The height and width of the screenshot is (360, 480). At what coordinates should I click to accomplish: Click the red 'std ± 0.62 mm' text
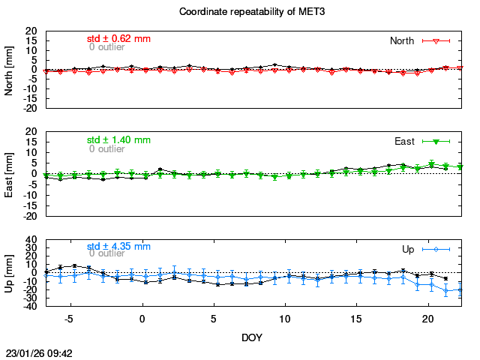click(x=118, y=37)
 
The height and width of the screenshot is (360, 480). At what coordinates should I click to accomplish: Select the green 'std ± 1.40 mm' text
click(x=118, y=139)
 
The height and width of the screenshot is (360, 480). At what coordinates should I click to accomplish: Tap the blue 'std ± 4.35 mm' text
click(x=118, y=246)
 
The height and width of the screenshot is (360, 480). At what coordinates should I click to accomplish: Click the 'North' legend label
click(x=403, y=40)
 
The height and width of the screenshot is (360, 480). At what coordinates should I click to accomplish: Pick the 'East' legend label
click(x=405, y=141)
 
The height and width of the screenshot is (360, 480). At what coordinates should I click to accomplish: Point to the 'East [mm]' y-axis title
click(x=10, y=174)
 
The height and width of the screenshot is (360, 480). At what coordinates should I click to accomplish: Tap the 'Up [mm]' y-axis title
click(x=10, y=274)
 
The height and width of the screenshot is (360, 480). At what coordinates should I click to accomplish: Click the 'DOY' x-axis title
click(x=252, y=337)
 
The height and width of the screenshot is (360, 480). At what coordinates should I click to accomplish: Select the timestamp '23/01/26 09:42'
click(x=39, y=352)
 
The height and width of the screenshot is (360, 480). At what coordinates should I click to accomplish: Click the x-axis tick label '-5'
click(x=68, y=319)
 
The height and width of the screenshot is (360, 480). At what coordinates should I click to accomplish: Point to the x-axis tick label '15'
click(x=356, y=319)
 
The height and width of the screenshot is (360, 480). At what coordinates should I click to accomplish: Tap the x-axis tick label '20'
click(x=427, y=319)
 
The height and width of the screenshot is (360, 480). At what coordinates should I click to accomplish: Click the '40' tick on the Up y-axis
click(x=32, y=241)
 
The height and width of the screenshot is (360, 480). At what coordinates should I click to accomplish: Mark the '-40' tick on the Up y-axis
click(x=31, y=307)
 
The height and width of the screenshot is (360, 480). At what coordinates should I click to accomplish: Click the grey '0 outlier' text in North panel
click(x=106, y=46)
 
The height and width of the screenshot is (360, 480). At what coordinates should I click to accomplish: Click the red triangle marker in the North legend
click(x=436, y=40)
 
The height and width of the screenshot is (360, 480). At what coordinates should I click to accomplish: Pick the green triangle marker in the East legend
click(x=436, y=141)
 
